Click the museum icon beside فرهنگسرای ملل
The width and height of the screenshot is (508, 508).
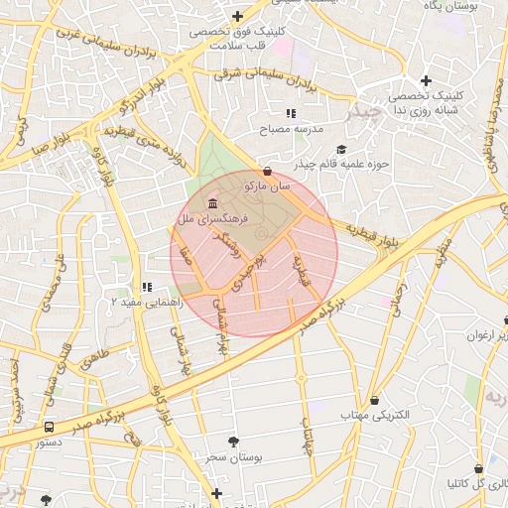click(213, 202)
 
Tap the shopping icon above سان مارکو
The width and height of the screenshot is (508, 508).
click(269, 171)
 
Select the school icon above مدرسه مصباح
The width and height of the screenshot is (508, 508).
click(291, 114)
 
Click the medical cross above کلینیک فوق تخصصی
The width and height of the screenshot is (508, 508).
click(237, 16)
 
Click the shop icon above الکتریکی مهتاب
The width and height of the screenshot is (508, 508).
click(374, 400)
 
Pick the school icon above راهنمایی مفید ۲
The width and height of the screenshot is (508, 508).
click(147, 287)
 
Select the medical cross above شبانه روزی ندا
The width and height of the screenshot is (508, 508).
click(426, 80)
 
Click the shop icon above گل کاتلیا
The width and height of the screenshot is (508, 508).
click(478, 468)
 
